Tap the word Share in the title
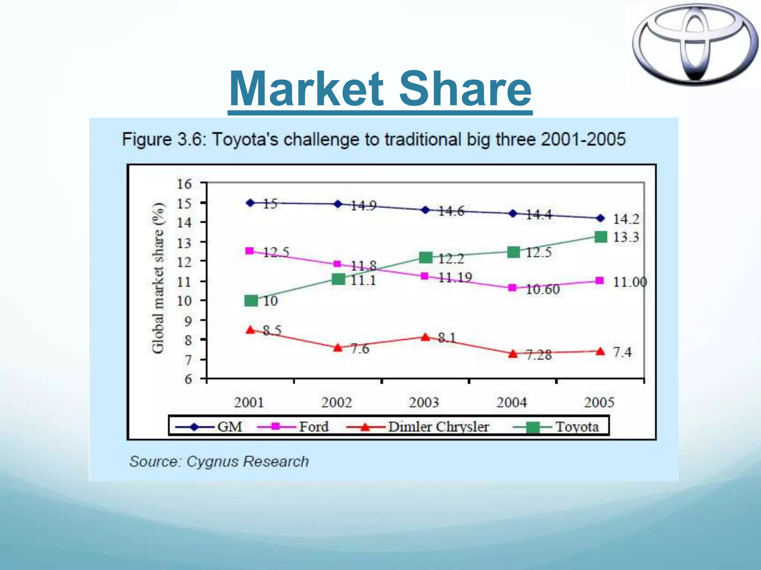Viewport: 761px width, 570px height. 465,89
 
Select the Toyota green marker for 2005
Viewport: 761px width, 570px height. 601,237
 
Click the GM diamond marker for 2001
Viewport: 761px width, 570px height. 250,203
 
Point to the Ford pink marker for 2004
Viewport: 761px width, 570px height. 512,288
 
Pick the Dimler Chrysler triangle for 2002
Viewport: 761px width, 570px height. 338,348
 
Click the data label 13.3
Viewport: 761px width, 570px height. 626,237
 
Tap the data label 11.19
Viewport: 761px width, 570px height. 455,278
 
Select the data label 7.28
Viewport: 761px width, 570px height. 539,355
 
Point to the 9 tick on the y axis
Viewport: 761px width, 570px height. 188,321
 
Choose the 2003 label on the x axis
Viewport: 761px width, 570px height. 424,402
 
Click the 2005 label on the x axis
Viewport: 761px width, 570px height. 599,402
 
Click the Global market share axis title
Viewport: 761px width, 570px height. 158,278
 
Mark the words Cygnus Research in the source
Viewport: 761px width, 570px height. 247,462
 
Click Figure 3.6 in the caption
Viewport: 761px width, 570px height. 163,140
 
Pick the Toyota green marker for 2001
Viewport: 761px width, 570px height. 251,301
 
